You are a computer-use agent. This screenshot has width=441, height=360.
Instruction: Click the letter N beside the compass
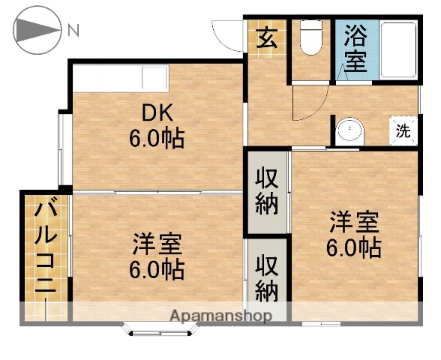73,31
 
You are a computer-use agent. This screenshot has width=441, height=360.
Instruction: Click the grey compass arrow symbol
36,31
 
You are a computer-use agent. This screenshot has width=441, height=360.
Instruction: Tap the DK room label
158,114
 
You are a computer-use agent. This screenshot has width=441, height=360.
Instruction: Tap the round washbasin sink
349,131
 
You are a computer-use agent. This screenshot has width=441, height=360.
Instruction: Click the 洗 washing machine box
403,131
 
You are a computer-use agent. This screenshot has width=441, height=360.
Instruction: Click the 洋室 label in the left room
157,244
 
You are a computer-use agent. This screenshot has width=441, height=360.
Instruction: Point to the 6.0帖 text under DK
157,139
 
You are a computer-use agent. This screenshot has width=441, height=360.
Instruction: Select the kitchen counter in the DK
121,78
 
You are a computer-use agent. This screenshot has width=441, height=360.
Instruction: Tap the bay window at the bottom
159,328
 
